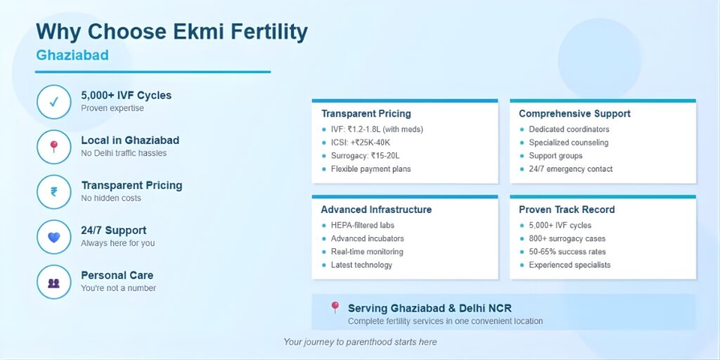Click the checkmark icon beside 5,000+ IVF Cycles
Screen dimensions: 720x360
pyautogui.click(x=53, y=102)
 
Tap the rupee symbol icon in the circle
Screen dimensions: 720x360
pyautogui.click(x=53, y=192)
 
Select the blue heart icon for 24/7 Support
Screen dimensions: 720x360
pyautogui.click(x=53, y=237)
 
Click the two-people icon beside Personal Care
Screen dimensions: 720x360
pyautogui.click(x=53, y=283)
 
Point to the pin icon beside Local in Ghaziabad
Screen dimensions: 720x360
pyautogui.click(x=53, y=146)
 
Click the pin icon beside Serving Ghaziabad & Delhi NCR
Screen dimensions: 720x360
pyautogui.click(x=335, y=307)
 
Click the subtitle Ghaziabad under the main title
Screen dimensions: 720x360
pyautogui.click(x=72, y=55)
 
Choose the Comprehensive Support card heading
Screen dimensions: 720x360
pyautogui.click(x=574, y=113)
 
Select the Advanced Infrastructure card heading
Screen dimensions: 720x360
pyautogui.click(x=376, y=210)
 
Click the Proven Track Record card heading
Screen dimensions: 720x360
pyautogui.click(x=567, y=210)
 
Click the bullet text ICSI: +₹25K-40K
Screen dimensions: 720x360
pyautogui.click(x=361, y=142)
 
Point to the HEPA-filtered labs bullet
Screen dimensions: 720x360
pyautogui.click(x=362, y=225)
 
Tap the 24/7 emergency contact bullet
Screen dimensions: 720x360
pyautogui.click(x=571, y=169)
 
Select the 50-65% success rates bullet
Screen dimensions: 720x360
pyautogui.click(x=567, y=252)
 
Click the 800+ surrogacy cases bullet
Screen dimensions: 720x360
pyautogui.click(x=567, y=238)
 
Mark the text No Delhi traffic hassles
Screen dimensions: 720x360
pyautogui.click(x=124, y=153)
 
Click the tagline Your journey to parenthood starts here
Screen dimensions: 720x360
pyautogui.click(x=360, y=342)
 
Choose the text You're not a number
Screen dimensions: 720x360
pyautogui.click(x=118, y=288)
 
